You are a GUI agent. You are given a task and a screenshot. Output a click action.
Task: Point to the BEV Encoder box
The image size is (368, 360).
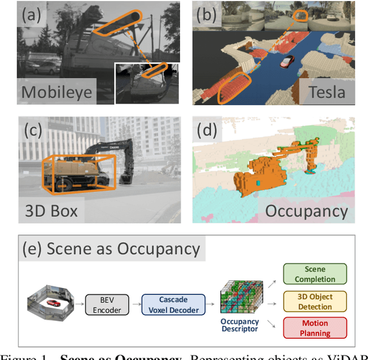coord(107,305)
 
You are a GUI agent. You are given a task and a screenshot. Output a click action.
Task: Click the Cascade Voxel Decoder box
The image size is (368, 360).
coord(173,305)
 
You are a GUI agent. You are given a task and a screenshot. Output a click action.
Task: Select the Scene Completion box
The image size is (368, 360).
coord(316,274)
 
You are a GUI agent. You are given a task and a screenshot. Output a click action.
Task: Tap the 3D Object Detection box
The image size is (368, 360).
coord(316,300)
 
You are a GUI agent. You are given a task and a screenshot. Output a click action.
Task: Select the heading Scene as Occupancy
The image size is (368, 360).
coord(111,249)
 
